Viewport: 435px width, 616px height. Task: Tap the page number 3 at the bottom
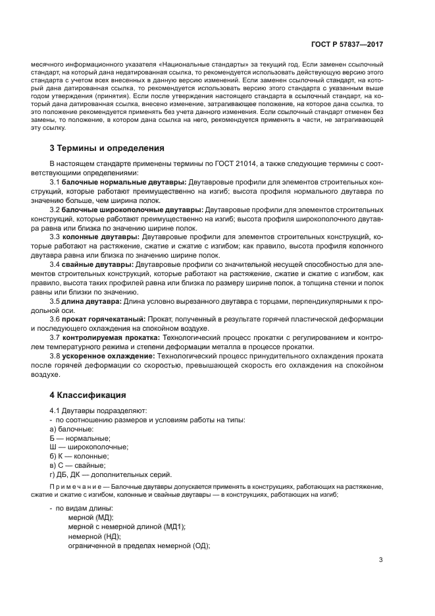pyautogui.click(x=380, y=560)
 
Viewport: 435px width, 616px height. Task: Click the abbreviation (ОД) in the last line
pyautogui.click(x=197, y=546)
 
